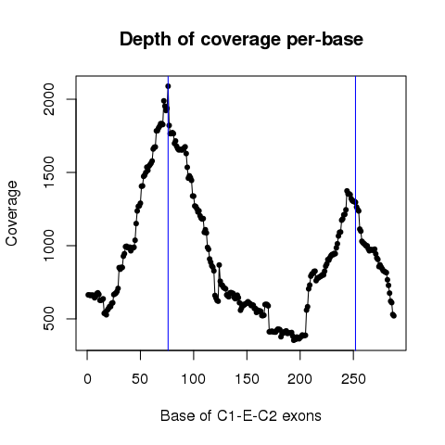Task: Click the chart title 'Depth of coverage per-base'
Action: (241, 40)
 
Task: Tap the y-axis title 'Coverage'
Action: (12, 213)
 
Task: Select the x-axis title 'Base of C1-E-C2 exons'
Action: (241, 415)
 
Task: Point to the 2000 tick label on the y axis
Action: (48, 99)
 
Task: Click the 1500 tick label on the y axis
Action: (48, 172)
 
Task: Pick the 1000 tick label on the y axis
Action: (48, 246)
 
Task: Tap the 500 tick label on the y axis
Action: (48, 319)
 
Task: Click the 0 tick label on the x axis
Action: (87, 379)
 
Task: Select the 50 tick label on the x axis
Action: (140, 379)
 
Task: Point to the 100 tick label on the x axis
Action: (194, 379)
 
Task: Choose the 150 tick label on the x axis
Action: (247, 379)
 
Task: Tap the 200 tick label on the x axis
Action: (299, 379)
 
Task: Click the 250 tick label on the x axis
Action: (353, 379)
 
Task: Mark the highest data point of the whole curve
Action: (168, 86)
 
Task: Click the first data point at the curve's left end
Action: (88, 295)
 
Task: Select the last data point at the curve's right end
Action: (394, 316)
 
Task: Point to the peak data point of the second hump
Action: (347, 191)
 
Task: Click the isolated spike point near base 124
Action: (219, 265)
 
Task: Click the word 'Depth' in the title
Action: (145, 40)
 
